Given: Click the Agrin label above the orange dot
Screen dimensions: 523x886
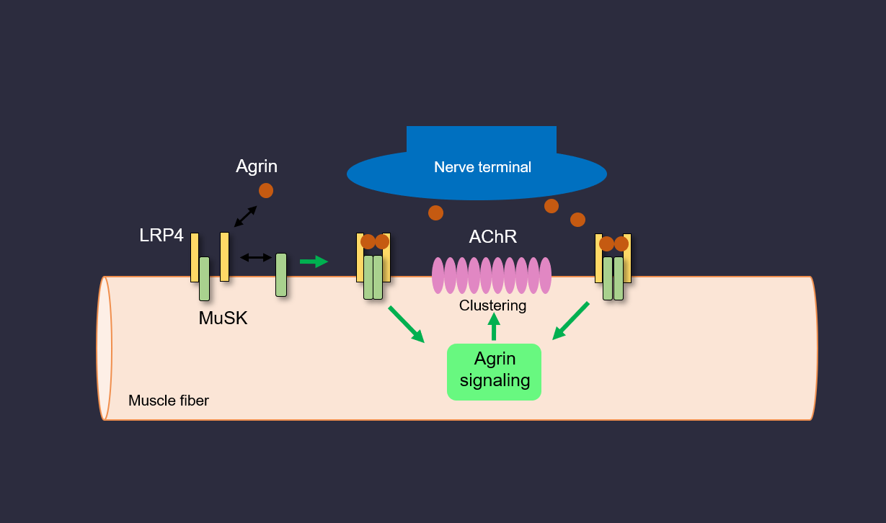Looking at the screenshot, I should click(257, 166).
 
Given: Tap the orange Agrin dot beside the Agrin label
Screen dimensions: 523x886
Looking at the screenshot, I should click(266, 190).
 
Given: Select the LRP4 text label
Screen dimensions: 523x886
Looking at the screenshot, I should click(161, 236).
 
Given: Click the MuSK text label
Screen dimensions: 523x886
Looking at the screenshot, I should click(223, 318).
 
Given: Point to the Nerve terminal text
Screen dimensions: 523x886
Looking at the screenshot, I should click(482, 167).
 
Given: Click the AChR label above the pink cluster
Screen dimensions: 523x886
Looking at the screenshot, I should click(492, 237).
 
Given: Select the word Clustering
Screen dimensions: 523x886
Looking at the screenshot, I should click(492, 305).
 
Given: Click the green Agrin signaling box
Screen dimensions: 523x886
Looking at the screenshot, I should click(494, 371).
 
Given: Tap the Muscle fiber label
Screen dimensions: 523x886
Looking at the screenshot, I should click(169, 401).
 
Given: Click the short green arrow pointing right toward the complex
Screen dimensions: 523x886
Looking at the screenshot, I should click(314, 261).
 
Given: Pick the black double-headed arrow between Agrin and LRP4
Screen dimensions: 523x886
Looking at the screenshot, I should click(245, 217).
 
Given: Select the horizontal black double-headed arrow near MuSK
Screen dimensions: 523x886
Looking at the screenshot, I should click(256, 257).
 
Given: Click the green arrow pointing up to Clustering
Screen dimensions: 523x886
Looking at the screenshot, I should click(494, 326).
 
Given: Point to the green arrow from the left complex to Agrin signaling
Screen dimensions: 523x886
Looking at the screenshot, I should click(407, 324).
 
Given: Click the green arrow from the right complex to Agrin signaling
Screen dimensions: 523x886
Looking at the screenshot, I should click(571, 321).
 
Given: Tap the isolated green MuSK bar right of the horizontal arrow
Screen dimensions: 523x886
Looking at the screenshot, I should click(281, 274).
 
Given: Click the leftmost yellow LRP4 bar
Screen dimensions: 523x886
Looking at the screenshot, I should click(195, 257).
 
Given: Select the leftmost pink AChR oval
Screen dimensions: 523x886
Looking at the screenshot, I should click(438, 275).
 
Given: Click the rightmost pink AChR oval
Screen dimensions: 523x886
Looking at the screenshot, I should click(546, 275).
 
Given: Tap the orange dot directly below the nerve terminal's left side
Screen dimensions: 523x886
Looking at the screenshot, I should click(435, 213).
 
